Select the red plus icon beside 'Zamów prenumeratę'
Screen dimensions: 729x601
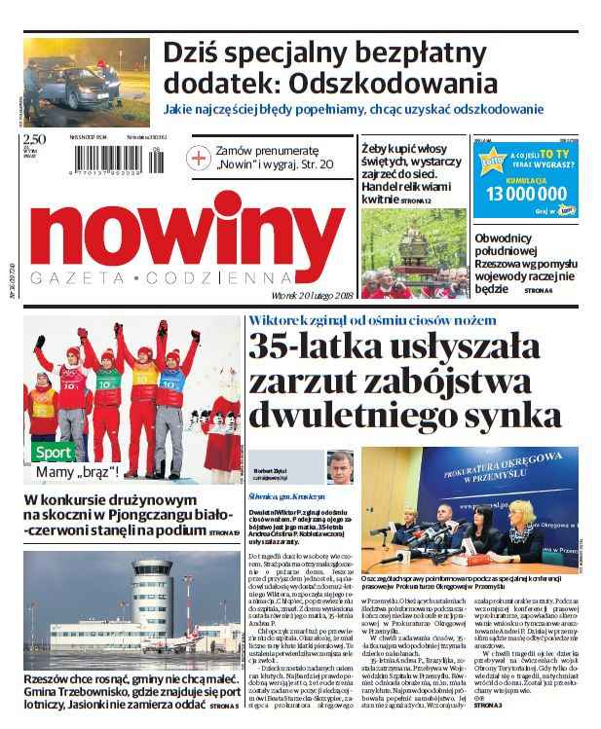[x=198, y=158]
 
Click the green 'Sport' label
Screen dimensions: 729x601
[x=53, y=453]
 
